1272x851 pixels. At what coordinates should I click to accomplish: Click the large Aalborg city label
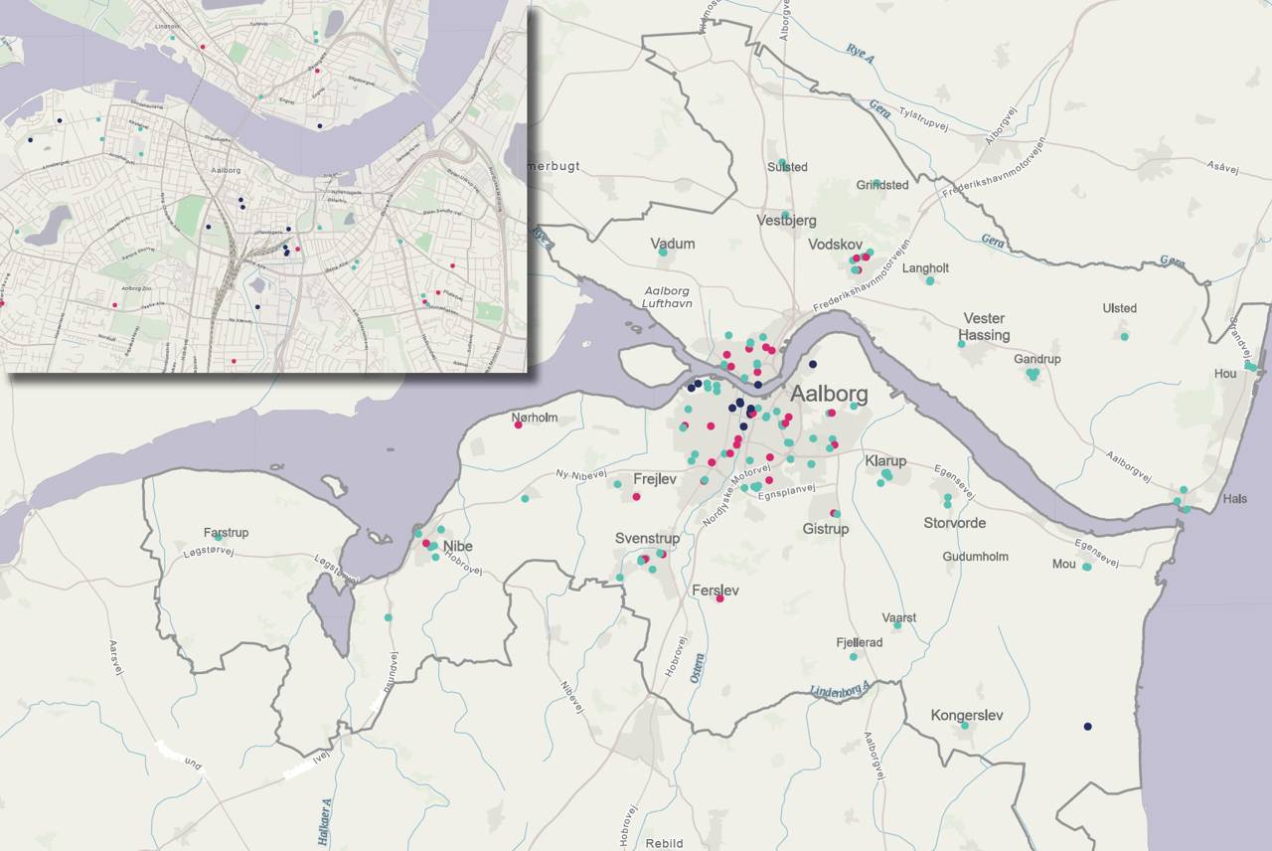(829, 394)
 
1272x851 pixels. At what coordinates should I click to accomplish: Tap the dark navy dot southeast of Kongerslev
(1088, 727)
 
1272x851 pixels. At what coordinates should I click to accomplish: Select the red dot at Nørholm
(518, 425)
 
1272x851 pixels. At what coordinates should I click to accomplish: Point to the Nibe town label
(458, 547)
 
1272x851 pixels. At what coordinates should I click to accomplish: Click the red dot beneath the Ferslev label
(720, 598)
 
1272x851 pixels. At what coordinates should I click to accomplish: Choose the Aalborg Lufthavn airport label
(667, 296)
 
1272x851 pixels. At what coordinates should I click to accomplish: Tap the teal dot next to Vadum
(663, 253)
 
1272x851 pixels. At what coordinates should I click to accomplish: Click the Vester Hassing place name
(985, 327)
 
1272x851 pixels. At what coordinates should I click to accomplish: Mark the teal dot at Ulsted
(1125, 336)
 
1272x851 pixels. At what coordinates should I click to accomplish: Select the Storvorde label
(954, 523)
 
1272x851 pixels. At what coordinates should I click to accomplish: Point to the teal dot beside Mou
(1087, 567)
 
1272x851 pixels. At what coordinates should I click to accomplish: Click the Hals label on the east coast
(1235, 499)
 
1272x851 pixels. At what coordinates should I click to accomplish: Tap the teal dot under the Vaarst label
(897, 625)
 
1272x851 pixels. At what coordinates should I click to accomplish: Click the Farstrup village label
(226, 533)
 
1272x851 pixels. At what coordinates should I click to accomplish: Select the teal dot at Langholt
(930, 280)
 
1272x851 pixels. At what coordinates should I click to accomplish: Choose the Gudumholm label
(975, 557)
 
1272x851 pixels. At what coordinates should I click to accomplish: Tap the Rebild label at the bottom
(664, 844)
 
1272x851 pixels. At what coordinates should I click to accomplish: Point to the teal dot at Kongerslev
(965, 726)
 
